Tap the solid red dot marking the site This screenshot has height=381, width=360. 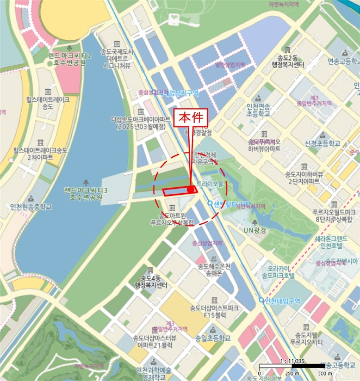[x=190, y=189]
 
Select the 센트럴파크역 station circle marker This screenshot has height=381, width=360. [x=210, y=204]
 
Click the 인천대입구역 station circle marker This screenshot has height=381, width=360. [x=262, y=300]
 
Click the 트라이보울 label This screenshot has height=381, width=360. [x=210, y=185]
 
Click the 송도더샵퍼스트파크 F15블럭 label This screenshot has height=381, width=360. [x=214, y=311]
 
